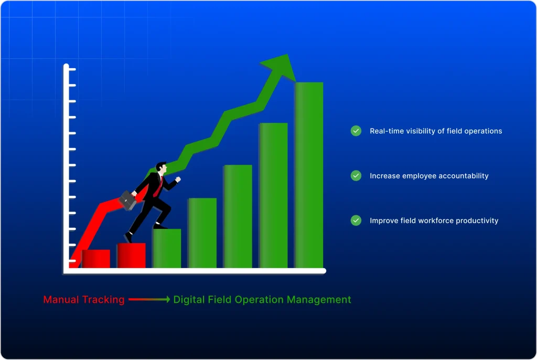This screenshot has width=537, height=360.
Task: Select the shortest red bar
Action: [96, 259]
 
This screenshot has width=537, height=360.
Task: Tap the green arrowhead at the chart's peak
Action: [276, 66]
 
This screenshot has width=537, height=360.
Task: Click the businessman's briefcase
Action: [127, 200]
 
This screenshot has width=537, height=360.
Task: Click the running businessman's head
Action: [162, 168]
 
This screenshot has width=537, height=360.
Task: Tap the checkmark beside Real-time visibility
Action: [356, 131]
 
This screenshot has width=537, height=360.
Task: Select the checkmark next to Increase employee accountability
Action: [356, 176]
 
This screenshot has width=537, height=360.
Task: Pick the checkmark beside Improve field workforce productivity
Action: [356, 220]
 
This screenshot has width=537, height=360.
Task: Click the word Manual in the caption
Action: [61, 300]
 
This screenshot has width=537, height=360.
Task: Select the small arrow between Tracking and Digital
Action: [149, 300]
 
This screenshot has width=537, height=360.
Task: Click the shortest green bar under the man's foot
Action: [167, 248]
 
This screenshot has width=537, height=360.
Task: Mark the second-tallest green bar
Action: [273, 195]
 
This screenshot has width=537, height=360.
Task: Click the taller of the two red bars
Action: [131, 256]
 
